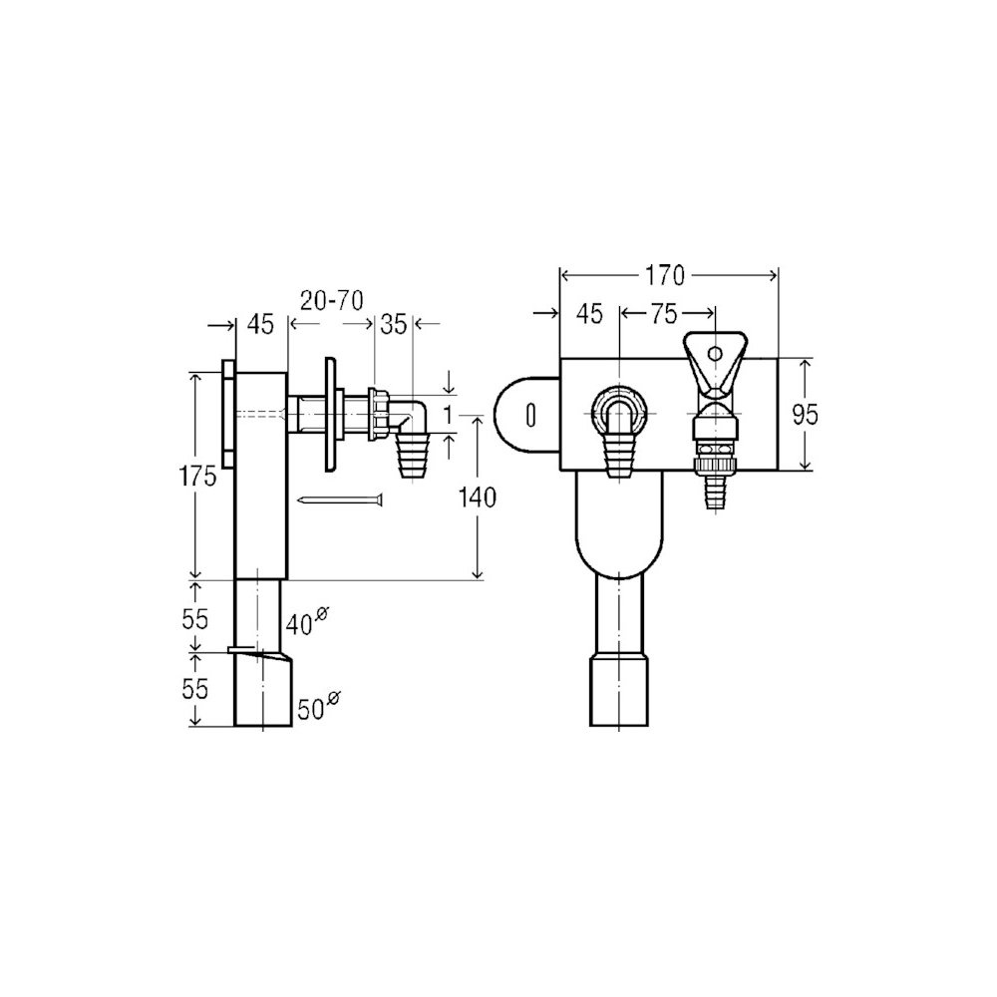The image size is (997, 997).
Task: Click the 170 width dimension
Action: point(664,276)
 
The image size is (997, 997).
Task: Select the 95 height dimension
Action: point(805,415)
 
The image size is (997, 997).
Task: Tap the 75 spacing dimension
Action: point(663,313)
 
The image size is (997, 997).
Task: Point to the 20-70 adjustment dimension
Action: point(331,299)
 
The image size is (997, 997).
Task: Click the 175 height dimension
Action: point(197,477)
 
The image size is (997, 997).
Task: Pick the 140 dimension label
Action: point(477,498)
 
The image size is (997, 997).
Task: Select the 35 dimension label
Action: point(394,324)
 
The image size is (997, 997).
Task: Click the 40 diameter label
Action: point(307,622)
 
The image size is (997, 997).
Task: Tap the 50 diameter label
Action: point(318,706)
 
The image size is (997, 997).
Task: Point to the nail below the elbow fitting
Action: point(342,501)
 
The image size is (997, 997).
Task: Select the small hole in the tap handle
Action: point(715,352)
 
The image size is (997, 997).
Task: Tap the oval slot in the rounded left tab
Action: point(531,415)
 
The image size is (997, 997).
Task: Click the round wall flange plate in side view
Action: point(330,415)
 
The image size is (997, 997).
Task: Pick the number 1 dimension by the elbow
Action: point(449,415)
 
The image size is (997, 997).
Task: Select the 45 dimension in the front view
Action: point(589,313)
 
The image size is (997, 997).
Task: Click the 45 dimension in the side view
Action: point(260,324)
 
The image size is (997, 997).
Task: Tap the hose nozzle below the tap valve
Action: point(715,492)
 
